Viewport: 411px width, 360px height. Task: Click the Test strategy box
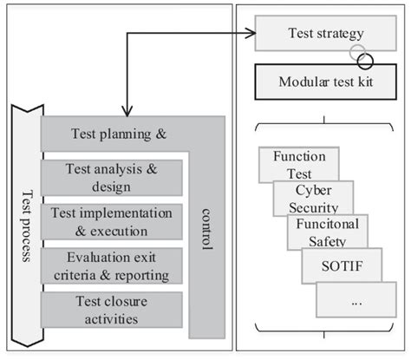(325, 36)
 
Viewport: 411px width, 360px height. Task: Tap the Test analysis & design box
(111, 178)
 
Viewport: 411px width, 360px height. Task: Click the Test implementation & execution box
(111, 222)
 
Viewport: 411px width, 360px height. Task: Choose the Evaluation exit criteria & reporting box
(111, 266)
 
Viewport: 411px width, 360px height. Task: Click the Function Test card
(299, 165)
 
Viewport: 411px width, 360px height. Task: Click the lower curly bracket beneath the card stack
(324, 333)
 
